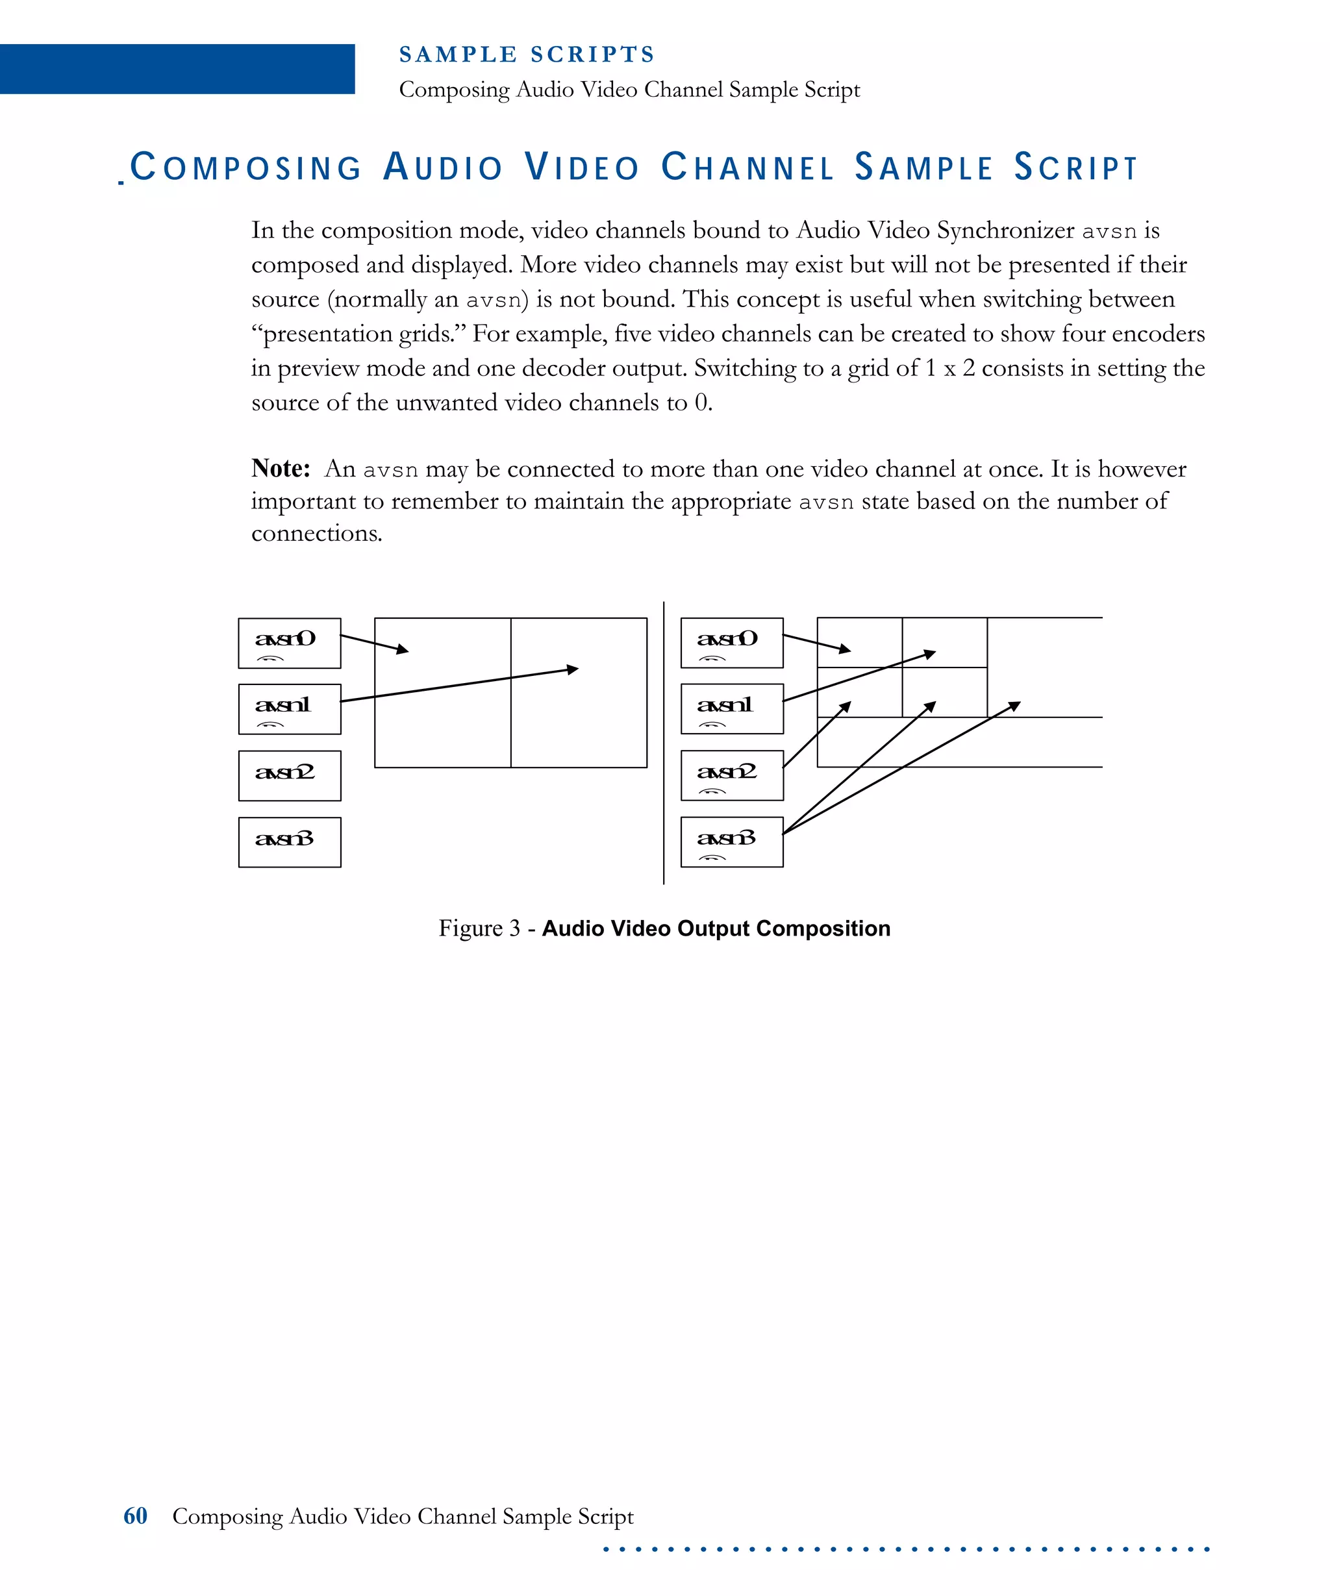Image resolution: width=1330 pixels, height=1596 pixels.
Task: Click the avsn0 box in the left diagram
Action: coord(289,643)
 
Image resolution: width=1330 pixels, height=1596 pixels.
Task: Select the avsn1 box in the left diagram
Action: coord(289,709)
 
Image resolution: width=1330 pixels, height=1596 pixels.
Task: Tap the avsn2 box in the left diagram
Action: coord(289,775)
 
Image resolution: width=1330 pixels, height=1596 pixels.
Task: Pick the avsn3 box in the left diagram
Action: coord(289,842)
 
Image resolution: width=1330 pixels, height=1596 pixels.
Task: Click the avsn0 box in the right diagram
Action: coord(731,643)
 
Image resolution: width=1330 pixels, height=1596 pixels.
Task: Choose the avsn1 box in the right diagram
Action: coord(731,709)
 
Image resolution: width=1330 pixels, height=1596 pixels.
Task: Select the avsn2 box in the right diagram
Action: coord(731,775)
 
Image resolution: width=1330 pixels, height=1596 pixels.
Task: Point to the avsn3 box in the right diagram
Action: coord(731,842)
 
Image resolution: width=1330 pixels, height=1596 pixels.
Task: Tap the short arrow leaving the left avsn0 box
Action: coord(374,643)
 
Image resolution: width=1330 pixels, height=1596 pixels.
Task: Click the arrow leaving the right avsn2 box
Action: coord(816,734)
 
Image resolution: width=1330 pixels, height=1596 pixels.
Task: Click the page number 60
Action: coord(135,1515)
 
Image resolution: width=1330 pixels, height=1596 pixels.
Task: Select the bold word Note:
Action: coord(281,468)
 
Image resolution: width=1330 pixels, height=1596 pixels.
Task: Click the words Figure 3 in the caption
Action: coord(479,928)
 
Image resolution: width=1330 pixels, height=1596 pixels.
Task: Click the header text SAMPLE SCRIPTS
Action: coord(527,55)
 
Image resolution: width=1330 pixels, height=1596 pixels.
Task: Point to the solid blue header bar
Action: coord(177,69)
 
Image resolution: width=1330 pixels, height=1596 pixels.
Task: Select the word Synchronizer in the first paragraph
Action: coord(1005,231)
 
